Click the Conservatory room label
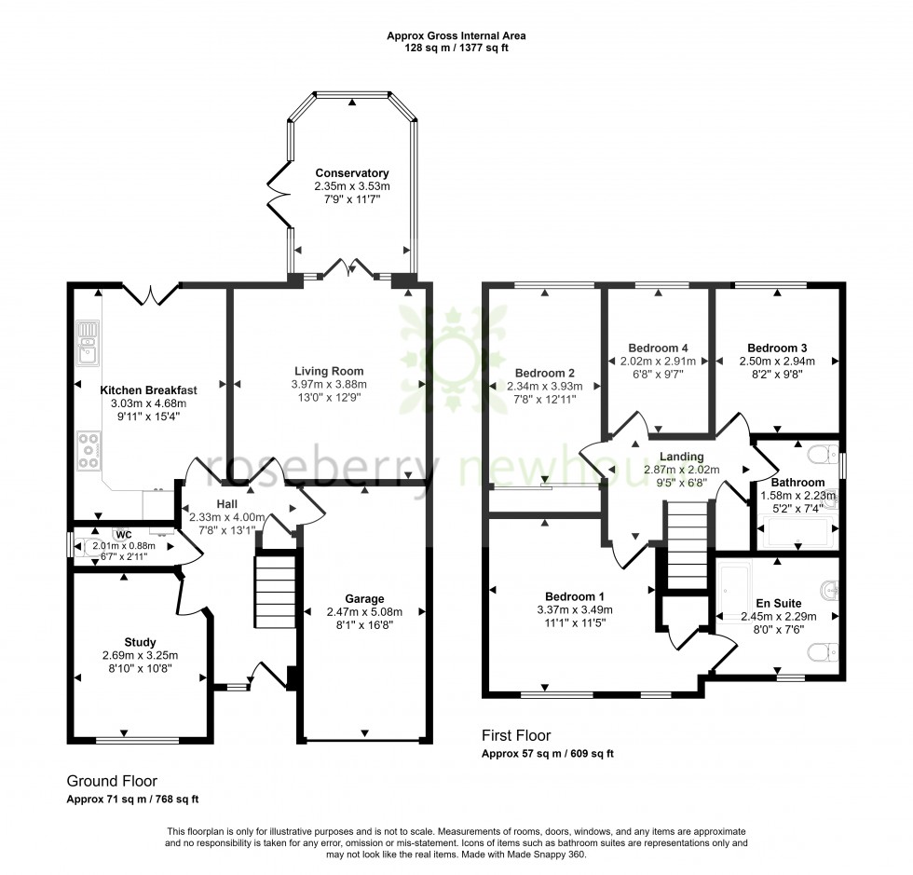[x=351, y=173]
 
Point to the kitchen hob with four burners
[x=89, y=450]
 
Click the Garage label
[x=363, y=598]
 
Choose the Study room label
[x=140, y=642]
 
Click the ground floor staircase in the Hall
[x=275, y=593]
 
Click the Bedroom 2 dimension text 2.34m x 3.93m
[x=545, y=386]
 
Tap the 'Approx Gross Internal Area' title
[x=456, y=36]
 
